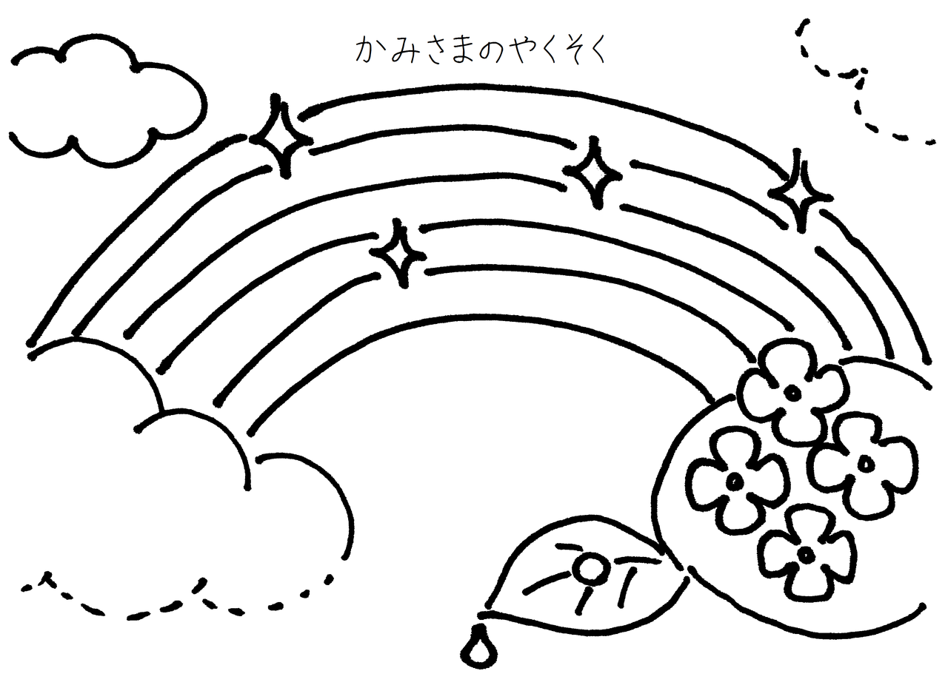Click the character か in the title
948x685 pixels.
point(368,50)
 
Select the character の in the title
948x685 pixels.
point(491,51)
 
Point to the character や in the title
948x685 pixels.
point(521,50)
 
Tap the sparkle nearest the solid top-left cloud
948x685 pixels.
point(280,138)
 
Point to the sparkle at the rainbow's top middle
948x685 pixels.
point(593,172)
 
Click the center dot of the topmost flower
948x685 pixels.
point(792,392)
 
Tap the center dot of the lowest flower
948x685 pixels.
point(805,553)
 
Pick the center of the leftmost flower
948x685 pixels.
point(734,482)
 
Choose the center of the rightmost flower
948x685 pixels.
point(865,464)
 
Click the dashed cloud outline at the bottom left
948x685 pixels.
point(178,599)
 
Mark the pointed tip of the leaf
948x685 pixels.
point(483,613)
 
